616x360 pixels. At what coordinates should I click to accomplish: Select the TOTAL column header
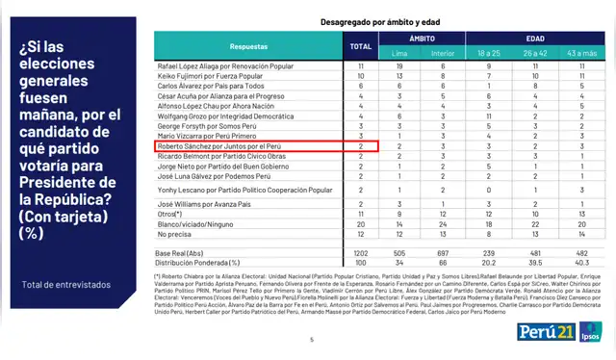click(361, 45)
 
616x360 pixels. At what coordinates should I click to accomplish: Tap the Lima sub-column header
click(399, 52)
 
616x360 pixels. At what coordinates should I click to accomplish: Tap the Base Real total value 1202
click(361, 251)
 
